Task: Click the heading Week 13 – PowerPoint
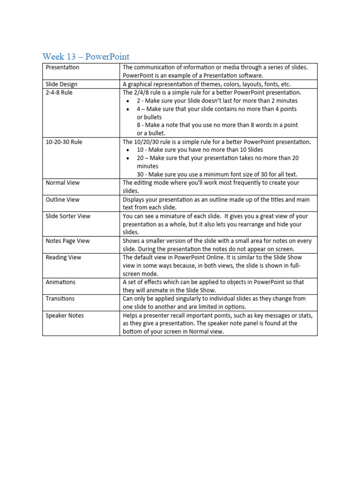pyautogui.click(x=86, y=57)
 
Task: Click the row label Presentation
pyautogui.click(x=62, y=67)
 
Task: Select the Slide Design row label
pyautogui.click(x=61, y=84)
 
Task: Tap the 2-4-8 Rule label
pyautogui.click(x=59, y=93)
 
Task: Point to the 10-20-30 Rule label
pyautogui.click(x=62, y=142)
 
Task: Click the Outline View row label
pyautogui.click(x=62, y=200)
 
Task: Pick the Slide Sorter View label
pyautogui.click(x=68, y=216)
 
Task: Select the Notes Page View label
pyautogui.click(x=67, y=241)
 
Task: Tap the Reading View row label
pyautogui.click(x=63, y=257)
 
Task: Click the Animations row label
pyautogui.click(x=60, y=282)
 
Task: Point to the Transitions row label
pyautogui.click(x=60, y=299)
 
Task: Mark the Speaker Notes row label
pyautogui.click(x=65, y=315)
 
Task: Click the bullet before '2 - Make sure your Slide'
pyautogui.click(x=128, y=101)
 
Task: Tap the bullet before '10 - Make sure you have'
pyautogui.click(x=128, y=150)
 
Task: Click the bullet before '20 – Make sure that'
pyautogui.click(x=128, y=158)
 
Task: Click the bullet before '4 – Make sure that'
pyautogui.click(x=128, y=109)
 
